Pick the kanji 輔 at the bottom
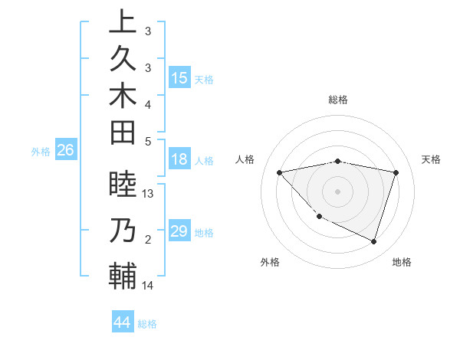click(122, 277)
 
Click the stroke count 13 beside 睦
click(149, 194)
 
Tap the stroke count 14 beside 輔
click(149, 286)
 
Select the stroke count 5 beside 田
click(148, 141)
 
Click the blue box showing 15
click(179, 78)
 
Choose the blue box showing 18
click(179, 160)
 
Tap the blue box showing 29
click(179, 231)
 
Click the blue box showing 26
click(65, 151)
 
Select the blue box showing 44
click(122, 322)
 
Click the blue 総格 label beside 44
click(147, 324)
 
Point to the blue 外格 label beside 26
click(41, 152)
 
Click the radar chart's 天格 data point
click(396, 172)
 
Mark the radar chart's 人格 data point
click(280, 172)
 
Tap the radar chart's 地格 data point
click(373, 241)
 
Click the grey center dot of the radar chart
click(337, 191)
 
